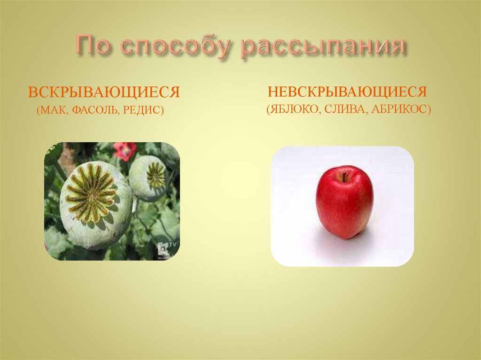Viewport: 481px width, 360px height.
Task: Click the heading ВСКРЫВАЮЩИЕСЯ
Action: point(104,91)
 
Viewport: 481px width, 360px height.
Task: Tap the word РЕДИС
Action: point(143,111)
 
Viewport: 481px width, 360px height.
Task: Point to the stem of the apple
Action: point(344,177)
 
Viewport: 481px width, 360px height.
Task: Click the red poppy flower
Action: point(124,151)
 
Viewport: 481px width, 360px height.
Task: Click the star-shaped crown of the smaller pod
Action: point(155,175)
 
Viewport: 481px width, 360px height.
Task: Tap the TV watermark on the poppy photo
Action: point(164,247)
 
